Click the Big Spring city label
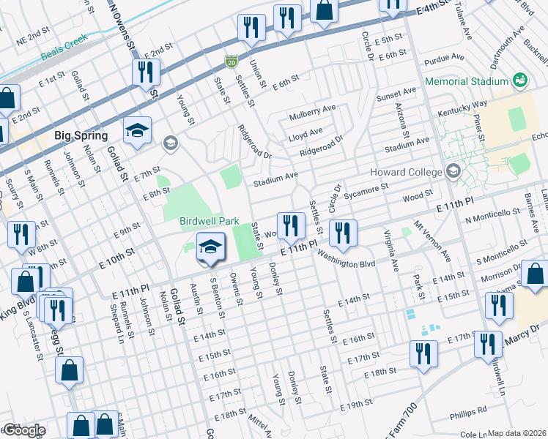[x=81, y=135]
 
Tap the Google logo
[x=23, y=430]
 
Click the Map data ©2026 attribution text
[x=516, y=433]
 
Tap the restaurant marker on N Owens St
[x=146, y=73]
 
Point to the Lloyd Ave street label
[x=306, y=133]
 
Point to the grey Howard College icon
[x=453, y=172]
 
